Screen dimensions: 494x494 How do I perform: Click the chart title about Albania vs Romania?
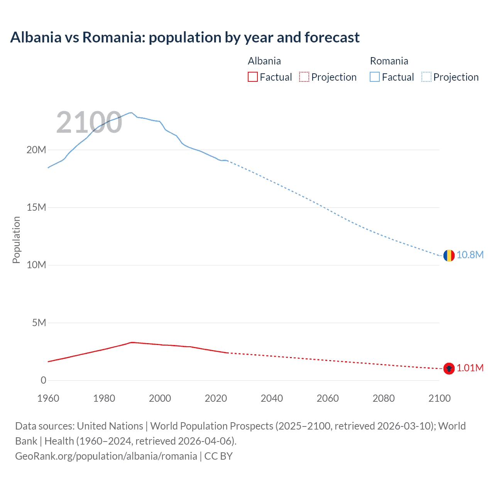(x=185, y=37)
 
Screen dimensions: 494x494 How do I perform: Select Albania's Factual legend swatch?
(x=252, y=77)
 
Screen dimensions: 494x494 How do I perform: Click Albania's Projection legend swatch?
(x=304, y=77)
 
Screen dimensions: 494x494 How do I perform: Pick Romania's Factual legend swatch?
(x=375, y=77)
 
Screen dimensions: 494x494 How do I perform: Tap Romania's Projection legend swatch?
(x=426, y=77)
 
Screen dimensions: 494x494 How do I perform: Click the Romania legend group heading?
(x=389, y=61)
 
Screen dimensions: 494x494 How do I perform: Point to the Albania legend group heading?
(x=264, y=61)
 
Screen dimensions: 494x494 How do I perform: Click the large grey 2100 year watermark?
(x=89, y=122)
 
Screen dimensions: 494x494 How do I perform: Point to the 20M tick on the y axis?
(x=36, y=150)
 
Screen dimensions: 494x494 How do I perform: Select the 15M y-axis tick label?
(x=36, y=207)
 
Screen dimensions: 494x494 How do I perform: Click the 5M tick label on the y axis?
(x=39, y=323)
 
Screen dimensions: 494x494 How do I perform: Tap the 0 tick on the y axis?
(x=43, y=380)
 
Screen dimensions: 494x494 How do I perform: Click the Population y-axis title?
(x=16, y=240)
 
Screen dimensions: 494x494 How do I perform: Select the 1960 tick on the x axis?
(x=48, y=398)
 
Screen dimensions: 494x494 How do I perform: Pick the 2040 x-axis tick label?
(x=272, y=398)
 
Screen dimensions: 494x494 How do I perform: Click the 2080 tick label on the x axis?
(x=384, y=398)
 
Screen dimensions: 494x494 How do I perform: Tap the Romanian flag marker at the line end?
(x=448, y=255)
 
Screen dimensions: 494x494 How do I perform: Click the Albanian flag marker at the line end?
(x=448, y=369)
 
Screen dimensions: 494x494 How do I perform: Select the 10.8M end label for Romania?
(x=470, y=255)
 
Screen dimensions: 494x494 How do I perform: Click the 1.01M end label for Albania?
(x=470, y=368)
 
